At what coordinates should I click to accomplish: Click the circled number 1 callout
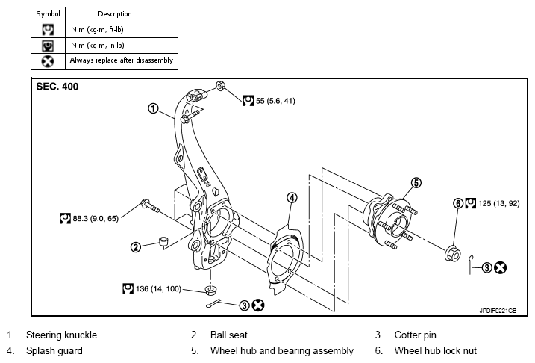tap(153, 108)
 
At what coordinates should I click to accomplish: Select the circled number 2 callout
tap(136, 247)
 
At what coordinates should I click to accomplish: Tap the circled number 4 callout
tap(292, 198)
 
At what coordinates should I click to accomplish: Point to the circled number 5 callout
tap(416, 183)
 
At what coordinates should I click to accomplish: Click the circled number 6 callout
tap(458, 203)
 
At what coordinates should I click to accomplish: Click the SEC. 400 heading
tap(57, 87)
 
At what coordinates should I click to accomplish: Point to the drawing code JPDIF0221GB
tap(498, 311)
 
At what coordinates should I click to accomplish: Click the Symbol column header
tap(48, 14)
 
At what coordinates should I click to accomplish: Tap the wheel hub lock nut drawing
tap(453, 253)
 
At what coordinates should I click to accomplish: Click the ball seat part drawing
tap(163, 241)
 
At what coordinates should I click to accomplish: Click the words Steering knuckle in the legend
tap(61, 335)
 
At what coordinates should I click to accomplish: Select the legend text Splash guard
tap(54, 351)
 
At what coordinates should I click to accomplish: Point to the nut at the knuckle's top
tap(220, 85)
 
